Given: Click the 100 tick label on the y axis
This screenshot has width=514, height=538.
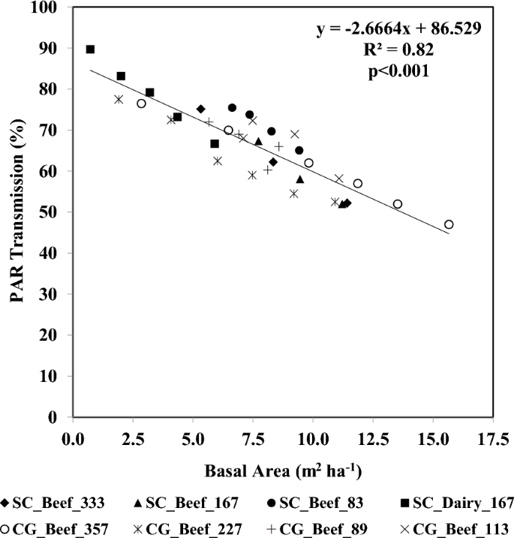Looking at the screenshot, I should tap(53, 8).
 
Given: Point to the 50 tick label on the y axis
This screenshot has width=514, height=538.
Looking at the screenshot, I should tap(56, 213).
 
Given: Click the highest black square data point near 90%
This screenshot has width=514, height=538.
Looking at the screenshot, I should tap(90, 50).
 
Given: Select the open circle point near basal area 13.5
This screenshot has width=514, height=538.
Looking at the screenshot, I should tap(398, 204).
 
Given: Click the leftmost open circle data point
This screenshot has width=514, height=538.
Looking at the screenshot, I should tap(141, 104).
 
